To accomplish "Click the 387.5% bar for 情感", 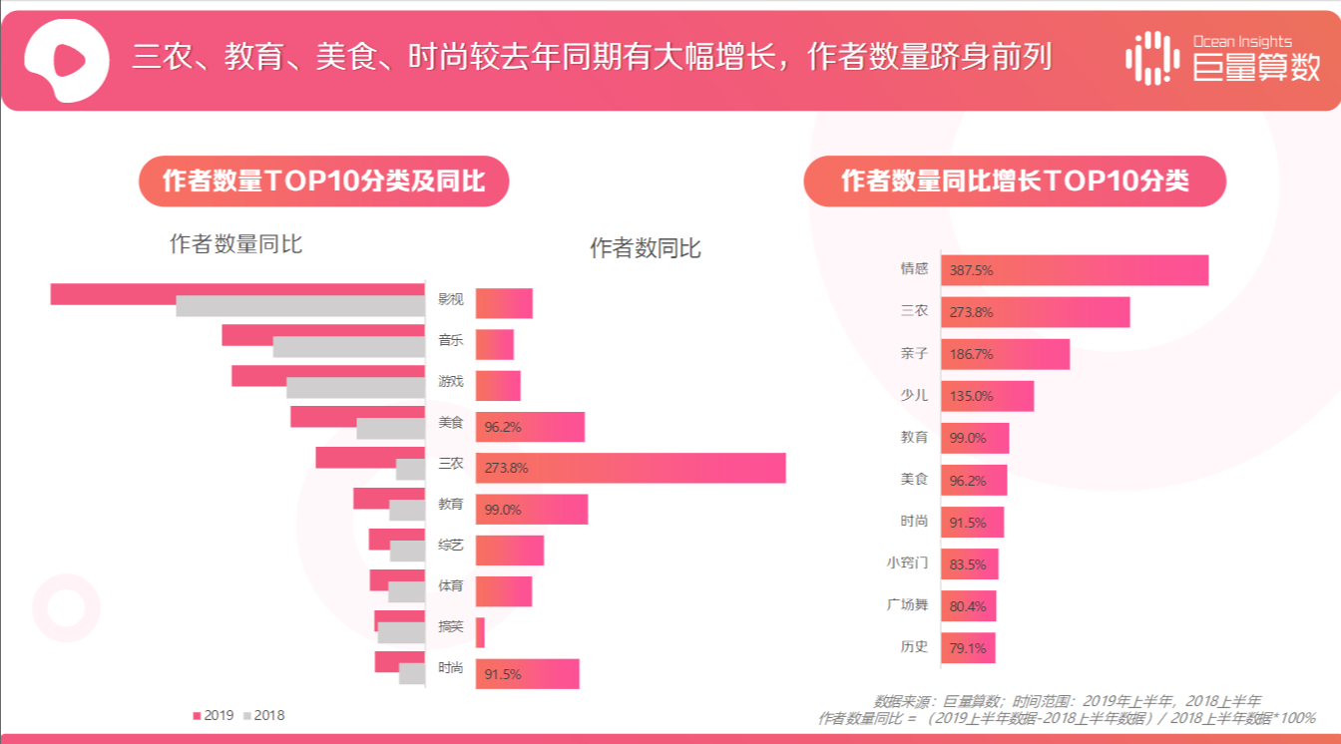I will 1074,270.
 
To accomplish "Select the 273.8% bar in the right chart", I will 1035,312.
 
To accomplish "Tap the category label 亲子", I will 914,354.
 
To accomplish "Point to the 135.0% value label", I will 972,396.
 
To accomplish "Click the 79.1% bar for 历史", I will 968,648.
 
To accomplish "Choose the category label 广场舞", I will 907,605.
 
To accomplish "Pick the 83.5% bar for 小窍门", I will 969,564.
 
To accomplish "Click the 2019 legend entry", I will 213,715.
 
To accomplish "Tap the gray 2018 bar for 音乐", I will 349,347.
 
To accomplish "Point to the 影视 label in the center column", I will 450,299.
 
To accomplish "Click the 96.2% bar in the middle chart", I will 530,427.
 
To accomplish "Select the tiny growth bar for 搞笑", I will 480,632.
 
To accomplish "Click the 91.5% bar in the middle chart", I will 527,674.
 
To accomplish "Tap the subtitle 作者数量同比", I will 235,244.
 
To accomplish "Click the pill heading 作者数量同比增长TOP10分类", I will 1014,182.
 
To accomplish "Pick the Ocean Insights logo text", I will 1241,42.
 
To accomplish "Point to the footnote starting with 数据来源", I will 1067,701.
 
